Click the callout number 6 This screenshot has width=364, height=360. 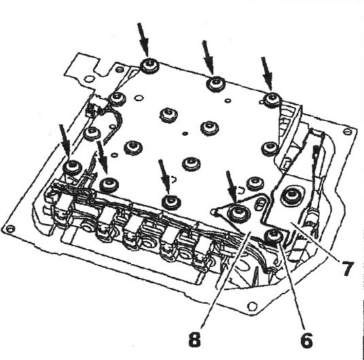tap(307, 340)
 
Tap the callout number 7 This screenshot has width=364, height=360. tap(347, 268)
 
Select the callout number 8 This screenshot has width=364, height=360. tap(194, 340)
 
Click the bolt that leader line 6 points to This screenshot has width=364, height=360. tap(274, 236)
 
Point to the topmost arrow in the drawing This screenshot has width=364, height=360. tap(143, 40)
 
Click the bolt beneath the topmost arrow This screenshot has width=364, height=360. tap(149, 65)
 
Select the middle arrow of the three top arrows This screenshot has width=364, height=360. tap(208, 58)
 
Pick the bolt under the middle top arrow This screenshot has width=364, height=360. tap(216, 84)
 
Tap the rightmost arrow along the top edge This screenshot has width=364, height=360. tap(266, 73)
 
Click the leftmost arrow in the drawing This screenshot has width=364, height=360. tap(65, 141)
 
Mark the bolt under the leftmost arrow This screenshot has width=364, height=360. tap(73, 167)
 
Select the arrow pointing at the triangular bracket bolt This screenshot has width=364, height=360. tap(231, 187)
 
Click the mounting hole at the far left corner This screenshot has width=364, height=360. tap(10, 229)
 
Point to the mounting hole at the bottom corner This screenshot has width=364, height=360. tap(253, 306)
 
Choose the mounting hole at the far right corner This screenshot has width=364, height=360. tap(347, 132)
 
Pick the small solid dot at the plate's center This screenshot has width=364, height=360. tap(185, 134)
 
